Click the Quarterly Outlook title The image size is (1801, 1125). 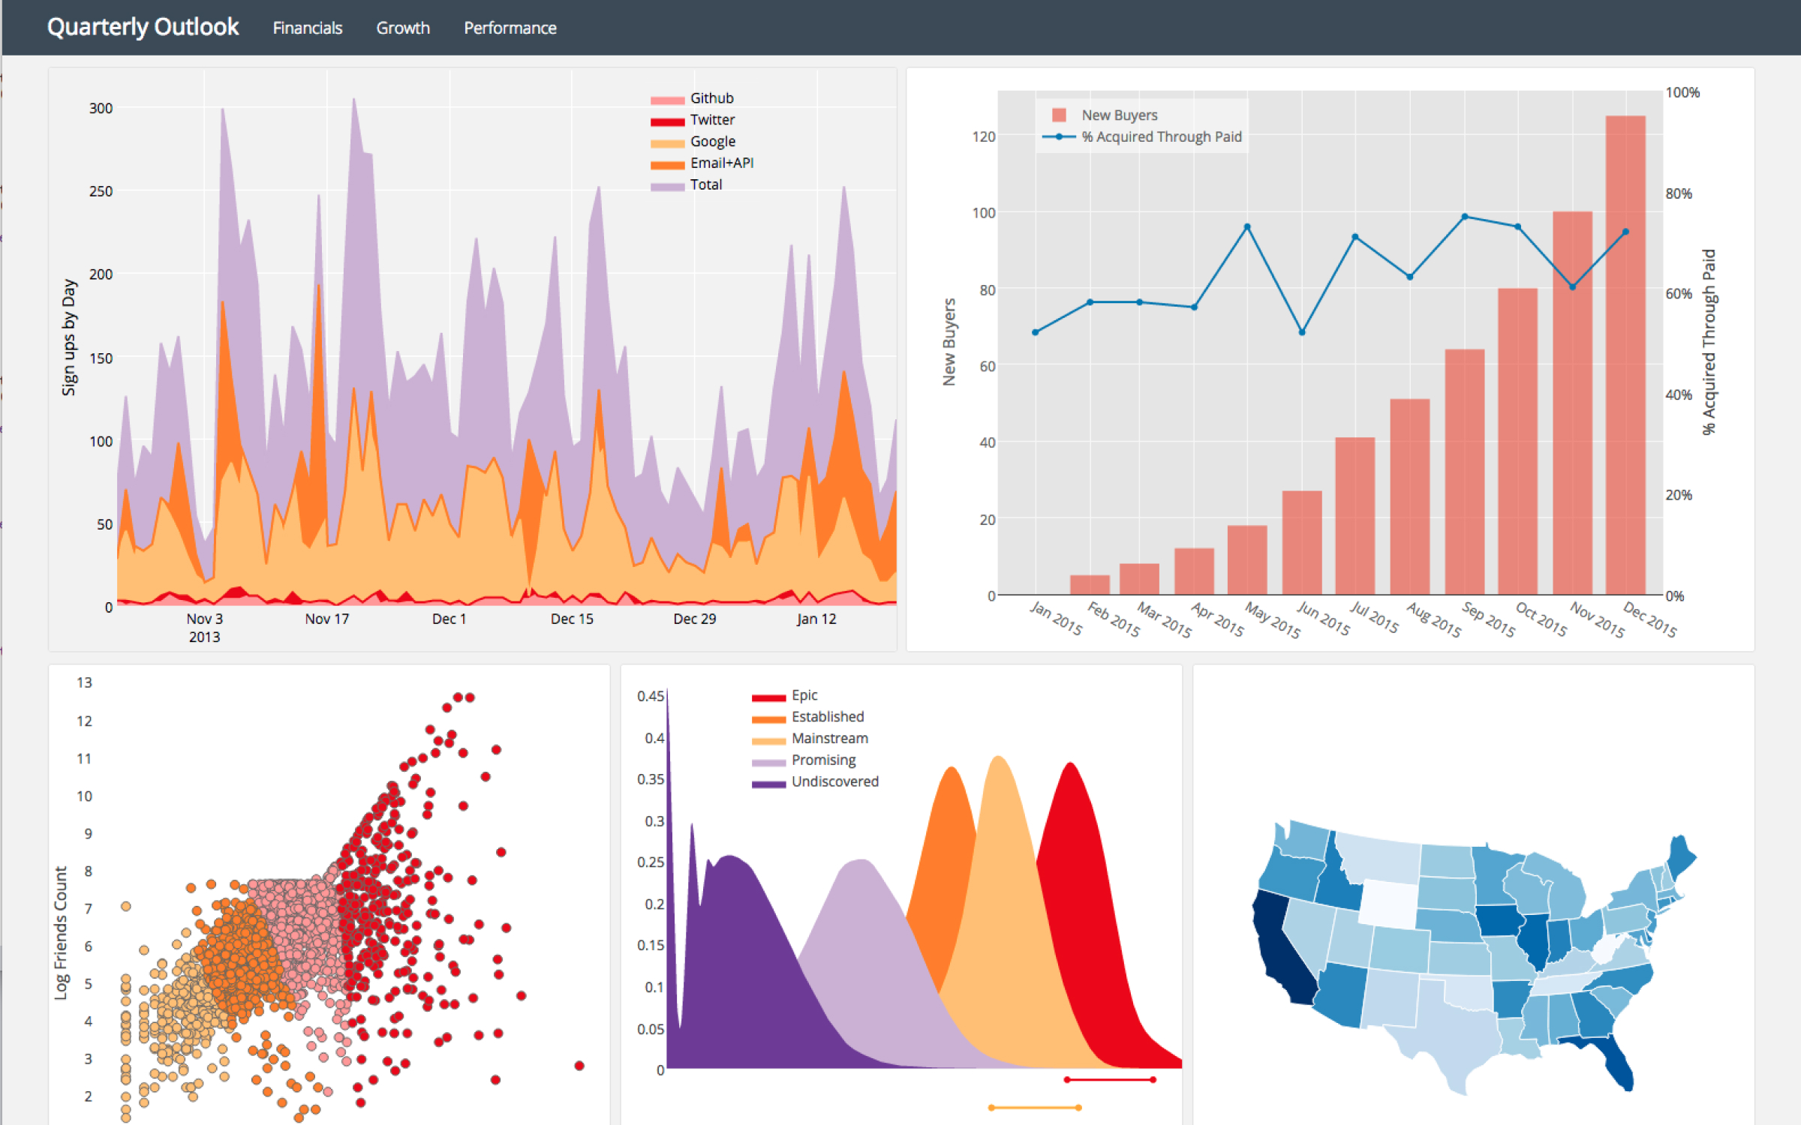click(143, 27)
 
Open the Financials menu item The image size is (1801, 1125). click(307, 28)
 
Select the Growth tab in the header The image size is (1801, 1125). click(403, 28)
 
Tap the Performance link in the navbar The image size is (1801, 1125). click(510, 28)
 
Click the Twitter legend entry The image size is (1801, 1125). click(711, 120)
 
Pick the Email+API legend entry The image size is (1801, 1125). click(721, 163)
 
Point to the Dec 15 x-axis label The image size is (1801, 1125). click(572, 619)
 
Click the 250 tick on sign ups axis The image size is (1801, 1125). click(101, 191)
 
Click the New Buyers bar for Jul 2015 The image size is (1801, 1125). click(1355, 517)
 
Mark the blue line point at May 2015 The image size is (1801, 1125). click(1247, 226)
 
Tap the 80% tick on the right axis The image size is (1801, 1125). click(1679, 193)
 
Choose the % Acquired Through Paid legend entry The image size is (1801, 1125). click(1160, 136)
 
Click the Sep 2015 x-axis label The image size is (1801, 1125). click(1488, 619)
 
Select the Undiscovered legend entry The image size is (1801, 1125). click(834, 781)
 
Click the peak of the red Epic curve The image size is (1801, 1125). click(1070, 764)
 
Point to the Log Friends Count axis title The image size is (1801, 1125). click(61, 933)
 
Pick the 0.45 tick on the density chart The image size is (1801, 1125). click(650, 696)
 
